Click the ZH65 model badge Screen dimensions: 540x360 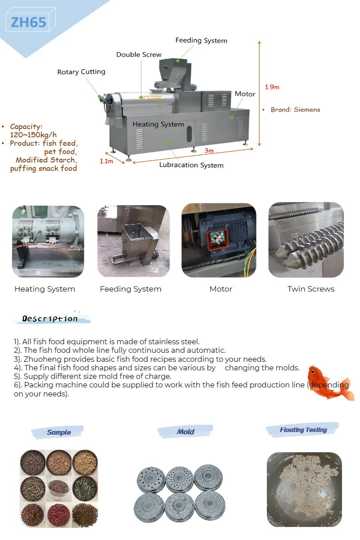click(x=28, y=22)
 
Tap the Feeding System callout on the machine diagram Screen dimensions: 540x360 click(x=201, y=40)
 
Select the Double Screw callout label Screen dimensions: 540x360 click(x=139, y=54)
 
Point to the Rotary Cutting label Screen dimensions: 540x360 click(x=81, y=72)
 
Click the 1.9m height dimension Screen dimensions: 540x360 click(x=272, y=87)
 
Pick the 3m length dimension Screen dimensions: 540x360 click(x=209, y=150)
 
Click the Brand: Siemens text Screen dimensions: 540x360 click(x=295, y=109)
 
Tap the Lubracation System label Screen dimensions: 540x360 click(x=191, y=165)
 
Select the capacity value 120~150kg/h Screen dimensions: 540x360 click(x=33, y=135)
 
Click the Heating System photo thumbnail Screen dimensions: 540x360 click(x=48, y=241)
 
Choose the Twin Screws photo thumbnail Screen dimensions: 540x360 click(x=306, y=240)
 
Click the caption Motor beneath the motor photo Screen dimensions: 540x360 click(x=221, y=289)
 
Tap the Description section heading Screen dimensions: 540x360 click(x=50, y=319)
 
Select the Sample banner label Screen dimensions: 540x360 click(x=59, y=432)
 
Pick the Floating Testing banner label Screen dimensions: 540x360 click(x=303, y=430)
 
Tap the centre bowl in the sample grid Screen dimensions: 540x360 click(x=59, y=487)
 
